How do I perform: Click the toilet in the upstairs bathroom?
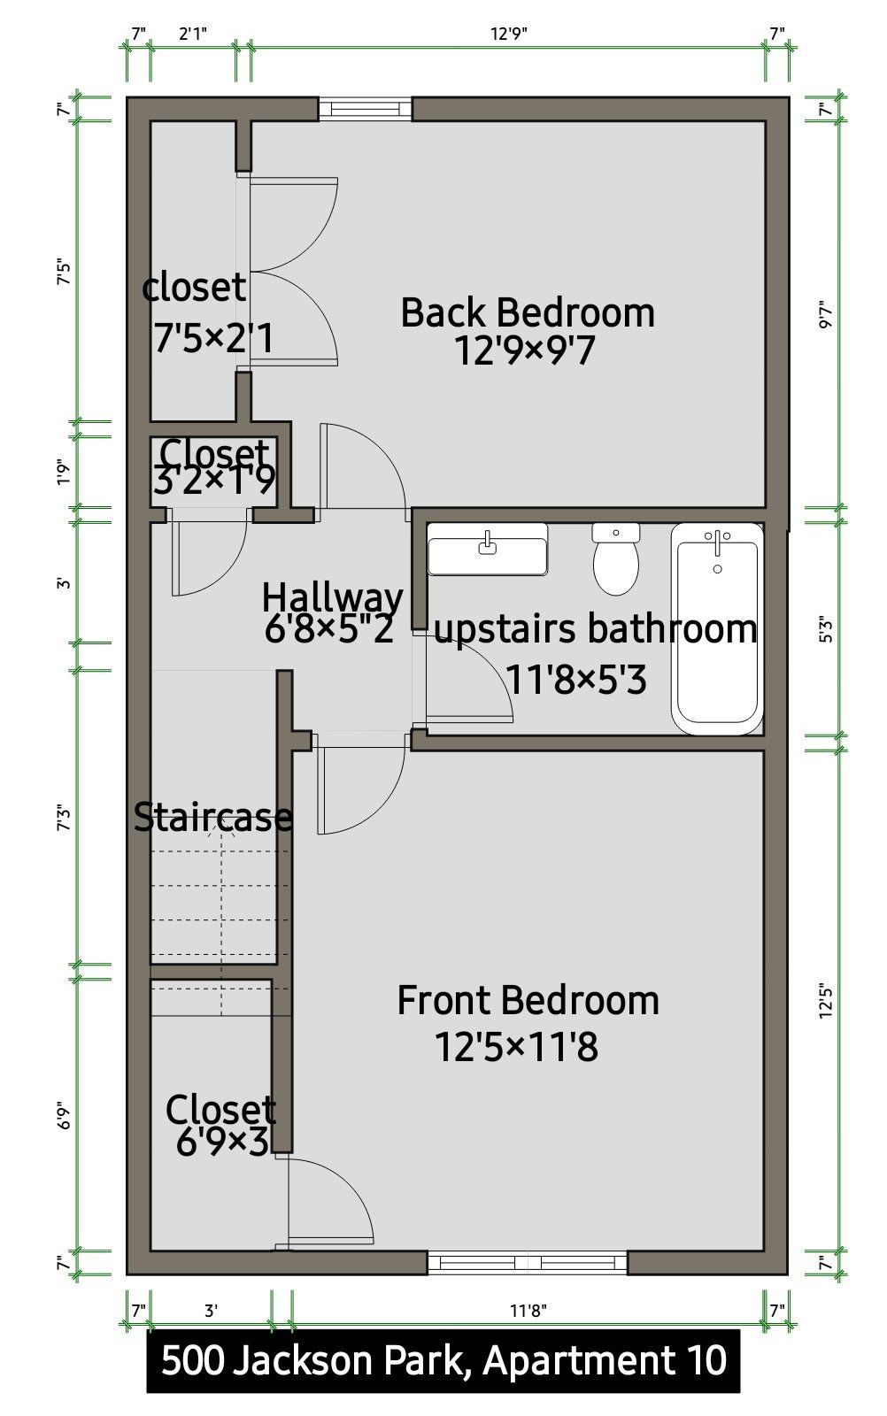(x=615, y=558)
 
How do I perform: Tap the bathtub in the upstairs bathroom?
(x=717, y=628)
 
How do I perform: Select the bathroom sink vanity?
(x=488, y=549)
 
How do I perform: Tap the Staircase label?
(x=213, y=817)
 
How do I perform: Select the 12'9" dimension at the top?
(x=509, y=34)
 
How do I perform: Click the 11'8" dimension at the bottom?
(x=528, y=1311)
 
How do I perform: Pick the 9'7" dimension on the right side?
(x=826, y=313)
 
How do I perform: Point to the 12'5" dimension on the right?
(x=826, y=1000)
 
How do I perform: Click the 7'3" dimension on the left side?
(x=65, y=818)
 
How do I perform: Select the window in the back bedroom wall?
(x=365, y=109)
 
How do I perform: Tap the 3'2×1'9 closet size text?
(x=214, y=480)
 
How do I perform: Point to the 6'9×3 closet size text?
(x=222, y=1142)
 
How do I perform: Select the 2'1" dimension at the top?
(x=193, y=34)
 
